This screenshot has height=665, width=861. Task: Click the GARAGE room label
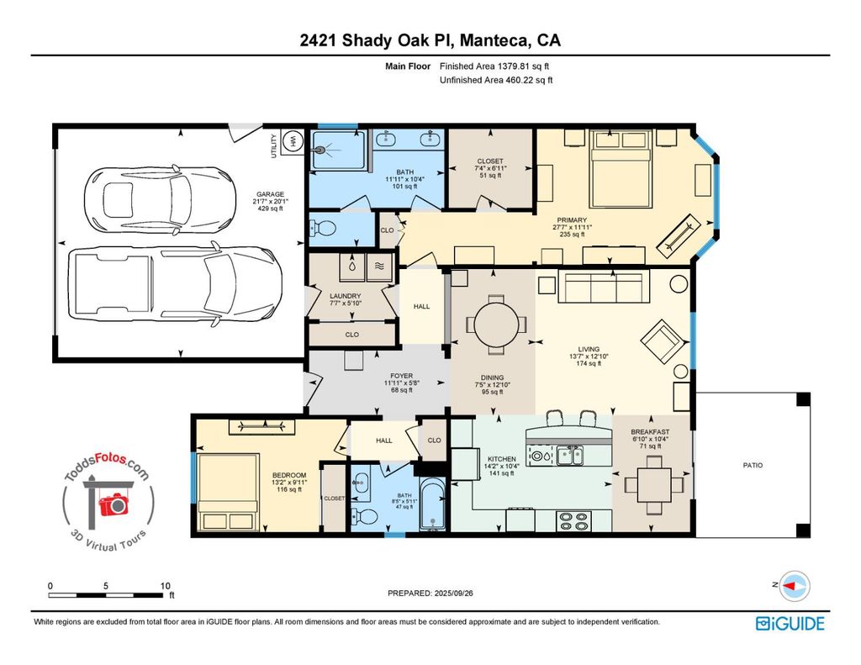270,194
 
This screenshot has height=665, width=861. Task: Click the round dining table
496,325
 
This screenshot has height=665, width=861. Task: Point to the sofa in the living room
604,286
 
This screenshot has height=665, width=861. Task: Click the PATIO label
753,465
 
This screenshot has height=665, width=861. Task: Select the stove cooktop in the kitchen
573,521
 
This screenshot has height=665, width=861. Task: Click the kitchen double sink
571,455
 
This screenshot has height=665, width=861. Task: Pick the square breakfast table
654,485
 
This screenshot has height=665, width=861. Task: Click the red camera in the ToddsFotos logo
114,504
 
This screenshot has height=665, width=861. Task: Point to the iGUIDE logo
790,624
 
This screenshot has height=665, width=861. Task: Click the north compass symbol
795,586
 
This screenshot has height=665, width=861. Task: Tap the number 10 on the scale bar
166,586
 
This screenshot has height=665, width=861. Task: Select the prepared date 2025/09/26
453,593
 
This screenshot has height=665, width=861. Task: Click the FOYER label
401,376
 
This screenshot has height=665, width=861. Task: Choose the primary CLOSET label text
490,161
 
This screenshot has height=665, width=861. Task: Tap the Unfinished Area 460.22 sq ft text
496,80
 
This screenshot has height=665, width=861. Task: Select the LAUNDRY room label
346,296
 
